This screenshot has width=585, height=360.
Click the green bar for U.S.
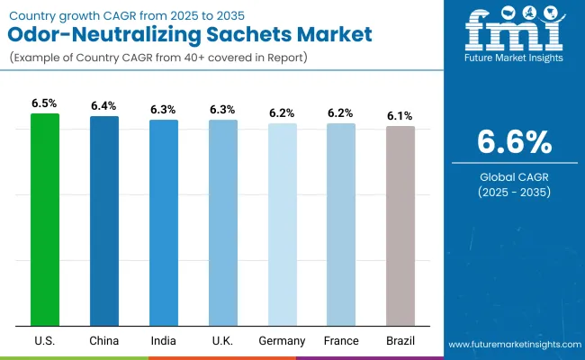tap(44, 220)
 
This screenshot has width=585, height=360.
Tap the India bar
tap(163, 222)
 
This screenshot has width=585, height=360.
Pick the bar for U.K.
tap(222, 222)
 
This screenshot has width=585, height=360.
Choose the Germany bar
tap(282, 224)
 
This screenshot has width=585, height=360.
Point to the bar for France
tap(341, 224)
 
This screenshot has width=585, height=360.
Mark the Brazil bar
tap(400, 226)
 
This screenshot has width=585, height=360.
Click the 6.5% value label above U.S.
tap(44, 103)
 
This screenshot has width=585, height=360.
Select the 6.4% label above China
tap(103, 106)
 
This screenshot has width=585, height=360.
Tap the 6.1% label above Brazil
tap(400, 116)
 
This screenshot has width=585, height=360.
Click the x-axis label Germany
tap(282, 341)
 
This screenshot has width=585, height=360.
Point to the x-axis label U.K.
tap(222, 341)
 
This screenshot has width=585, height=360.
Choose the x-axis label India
tap(163, 341)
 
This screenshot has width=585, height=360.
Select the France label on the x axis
tap(341, 341)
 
